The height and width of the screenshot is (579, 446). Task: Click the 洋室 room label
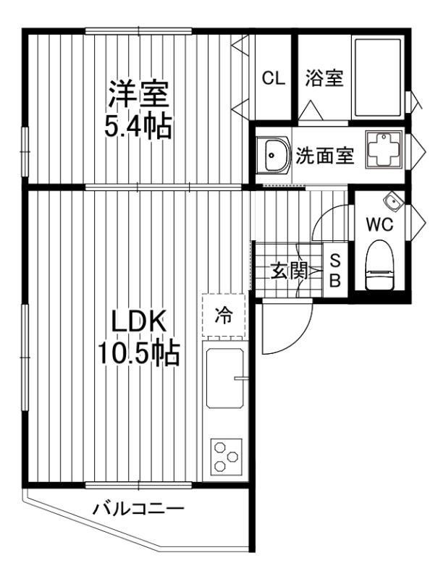click(x=139, y=94)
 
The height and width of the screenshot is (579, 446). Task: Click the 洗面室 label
click(x=325, y=155)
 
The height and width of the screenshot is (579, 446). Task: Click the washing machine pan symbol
click(x=382, y=151)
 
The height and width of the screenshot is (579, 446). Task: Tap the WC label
click(x=379, y=224)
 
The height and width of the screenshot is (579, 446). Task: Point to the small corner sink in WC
click(x=391, y=200)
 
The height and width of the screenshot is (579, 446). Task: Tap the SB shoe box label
click(x=335, y=271)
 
